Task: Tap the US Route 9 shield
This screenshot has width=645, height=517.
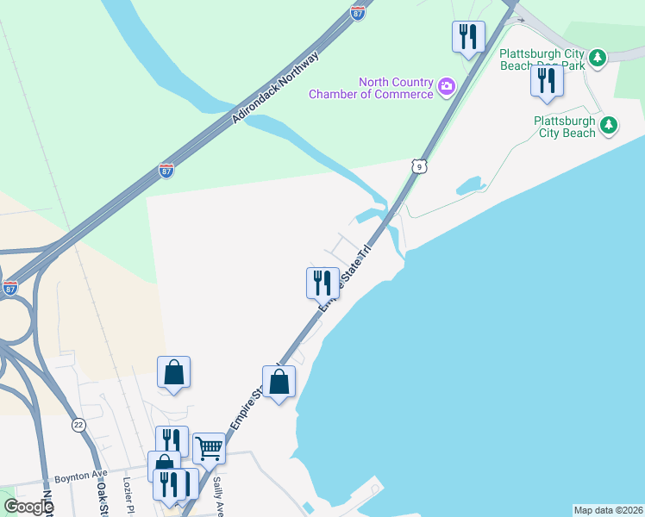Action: point(418,165)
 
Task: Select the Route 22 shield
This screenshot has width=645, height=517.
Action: point(78,426)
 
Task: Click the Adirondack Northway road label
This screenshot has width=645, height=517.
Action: point(276,89)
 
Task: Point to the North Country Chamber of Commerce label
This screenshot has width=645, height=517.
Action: point(372,88)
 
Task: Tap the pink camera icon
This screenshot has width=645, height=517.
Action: point(447,85)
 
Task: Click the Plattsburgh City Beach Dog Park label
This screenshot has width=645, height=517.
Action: point(542,59)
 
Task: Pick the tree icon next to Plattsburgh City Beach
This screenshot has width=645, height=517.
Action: point(609,126)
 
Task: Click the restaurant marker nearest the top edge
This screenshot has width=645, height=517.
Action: point(468,36)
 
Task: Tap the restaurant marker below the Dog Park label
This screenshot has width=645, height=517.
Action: point(547,80)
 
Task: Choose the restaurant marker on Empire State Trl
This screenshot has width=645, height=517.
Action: point(322,283)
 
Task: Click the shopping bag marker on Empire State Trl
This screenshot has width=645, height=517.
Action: point(279,382)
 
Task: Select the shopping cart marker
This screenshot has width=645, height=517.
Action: point(209,448)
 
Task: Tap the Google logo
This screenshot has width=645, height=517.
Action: point(28,506)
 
